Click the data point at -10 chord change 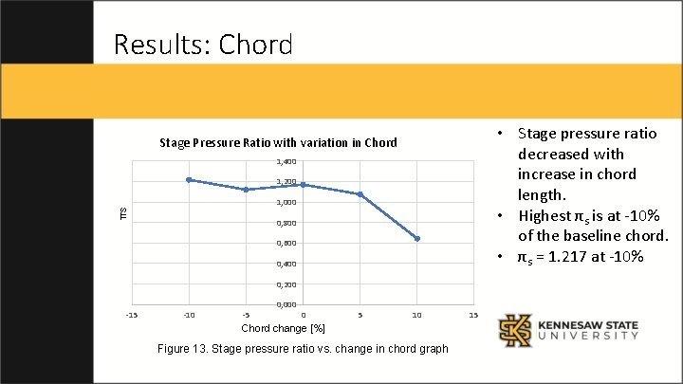point(189,179)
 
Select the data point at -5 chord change point(246,190)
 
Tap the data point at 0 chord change point(303,185)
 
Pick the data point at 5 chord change point(360,194)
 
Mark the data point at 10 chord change point(417,239)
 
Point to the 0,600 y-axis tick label point(286,244)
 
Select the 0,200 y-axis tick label point(286,284)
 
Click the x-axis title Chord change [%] point(283,328)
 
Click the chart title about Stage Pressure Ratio point(278,143)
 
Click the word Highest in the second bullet point(547,215)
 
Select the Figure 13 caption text point(303,350)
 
